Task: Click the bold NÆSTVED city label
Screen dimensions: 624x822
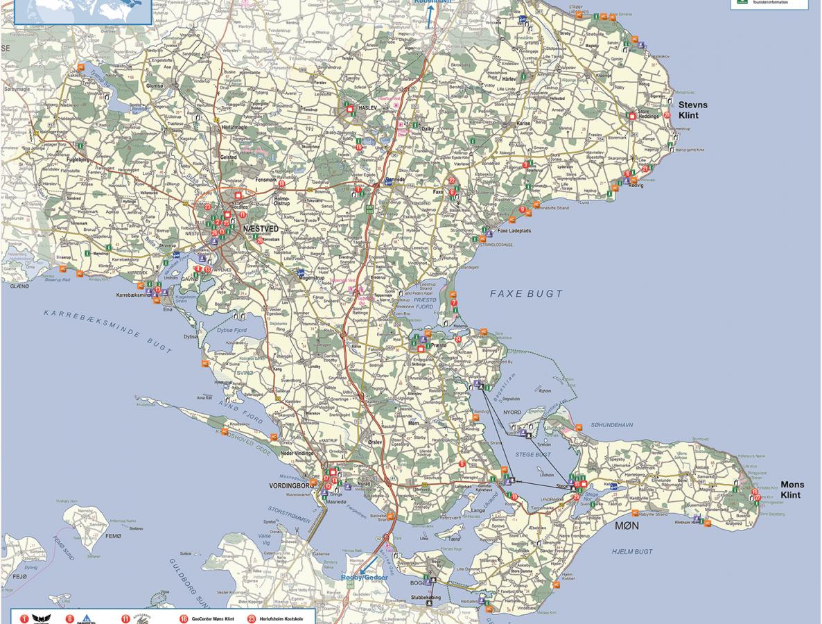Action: click(x=261, y=228)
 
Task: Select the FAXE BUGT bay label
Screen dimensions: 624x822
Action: click(x=526, y=294)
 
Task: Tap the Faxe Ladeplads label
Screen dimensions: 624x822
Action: click(x=514, y=230)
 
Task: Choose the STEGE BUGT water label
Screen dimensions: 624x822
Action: click(x=533, y=455)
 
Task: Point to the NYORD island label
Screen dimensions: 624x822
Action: click(x=511, y=413)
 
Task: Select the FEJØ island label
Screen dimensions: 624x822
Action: click(x=19, y=576)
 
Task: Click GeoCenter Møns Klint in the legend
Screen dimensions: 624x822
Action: click(x=213, y=618)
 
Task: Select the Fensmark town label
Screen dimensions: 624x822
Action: click(x=265, y=180)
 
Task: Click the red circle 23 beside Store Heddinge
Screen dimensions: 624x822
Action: click(x=667, y=115)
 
